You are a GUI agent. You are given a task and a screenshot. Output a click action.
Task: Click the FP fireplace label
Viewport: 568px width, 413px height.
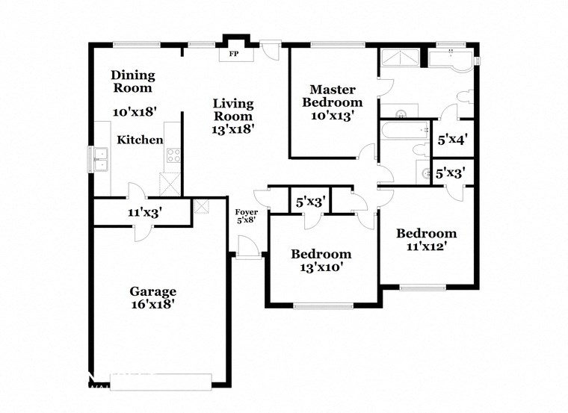[x=233, y=55]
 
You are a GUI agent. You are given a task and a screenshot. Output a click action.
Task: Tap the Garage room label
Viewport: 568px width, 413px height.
[x=152, y=291]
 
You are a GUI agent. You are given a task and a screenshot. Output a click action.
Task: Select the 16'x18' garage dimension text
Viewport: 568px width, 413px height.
[x=152, y=305]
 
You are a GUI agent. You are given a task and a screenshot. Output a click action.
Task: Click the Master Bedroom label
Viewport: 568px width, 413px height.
[x=326, y=96]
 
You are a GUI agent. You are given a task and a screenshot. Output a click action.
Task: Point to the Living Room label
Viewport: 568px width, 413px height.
[x=232, y=110]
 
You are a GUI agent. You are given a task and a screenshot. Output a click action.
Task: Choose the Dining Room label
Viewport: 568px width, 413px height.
[x=133, y=81]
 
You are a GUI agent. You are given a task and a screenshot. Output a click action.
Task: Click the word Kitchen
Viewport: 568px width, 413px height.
[x=139, y=140]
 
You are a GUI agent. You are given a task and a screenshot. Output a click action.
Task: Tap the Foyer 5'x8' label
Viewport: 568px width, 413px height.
[x=247, y=216]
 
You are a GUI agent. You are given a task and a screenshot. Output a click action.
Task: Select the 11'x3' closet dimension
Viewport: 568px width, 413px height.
[x=145, y=212]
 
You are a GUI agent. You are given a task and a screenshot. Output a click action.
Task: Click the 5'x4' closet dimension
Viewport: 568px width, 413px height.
[x=453, y=139]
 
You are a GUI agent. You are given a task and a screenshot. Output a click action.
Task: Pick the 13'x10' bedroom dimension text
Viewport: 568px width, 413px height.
[x=321, y=267]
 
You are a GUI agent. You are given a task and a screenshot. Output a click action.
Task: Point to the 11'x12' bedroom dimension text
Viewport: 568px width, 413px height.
[x=426, y=247]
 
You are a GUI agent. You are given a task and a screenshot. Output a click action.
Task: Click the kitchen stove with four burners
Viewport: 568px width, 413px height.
[x=172, y=155]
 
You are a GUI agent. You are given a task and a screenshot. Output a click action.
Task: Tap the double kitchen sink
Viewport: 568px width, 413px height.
[x=99, y=158]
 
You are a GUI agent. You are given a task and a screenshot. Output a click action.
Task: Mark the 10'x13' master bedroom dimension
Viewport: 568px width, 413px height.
[x=326, y=116]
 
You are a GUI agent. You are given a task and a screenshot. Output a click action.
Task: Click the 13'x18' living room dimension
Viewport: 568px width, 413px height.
[x=232, y=128]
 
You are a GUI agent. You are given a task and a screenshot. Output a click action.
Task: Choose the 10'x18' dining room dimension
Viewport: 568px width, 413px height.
[x=133, y=112]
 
